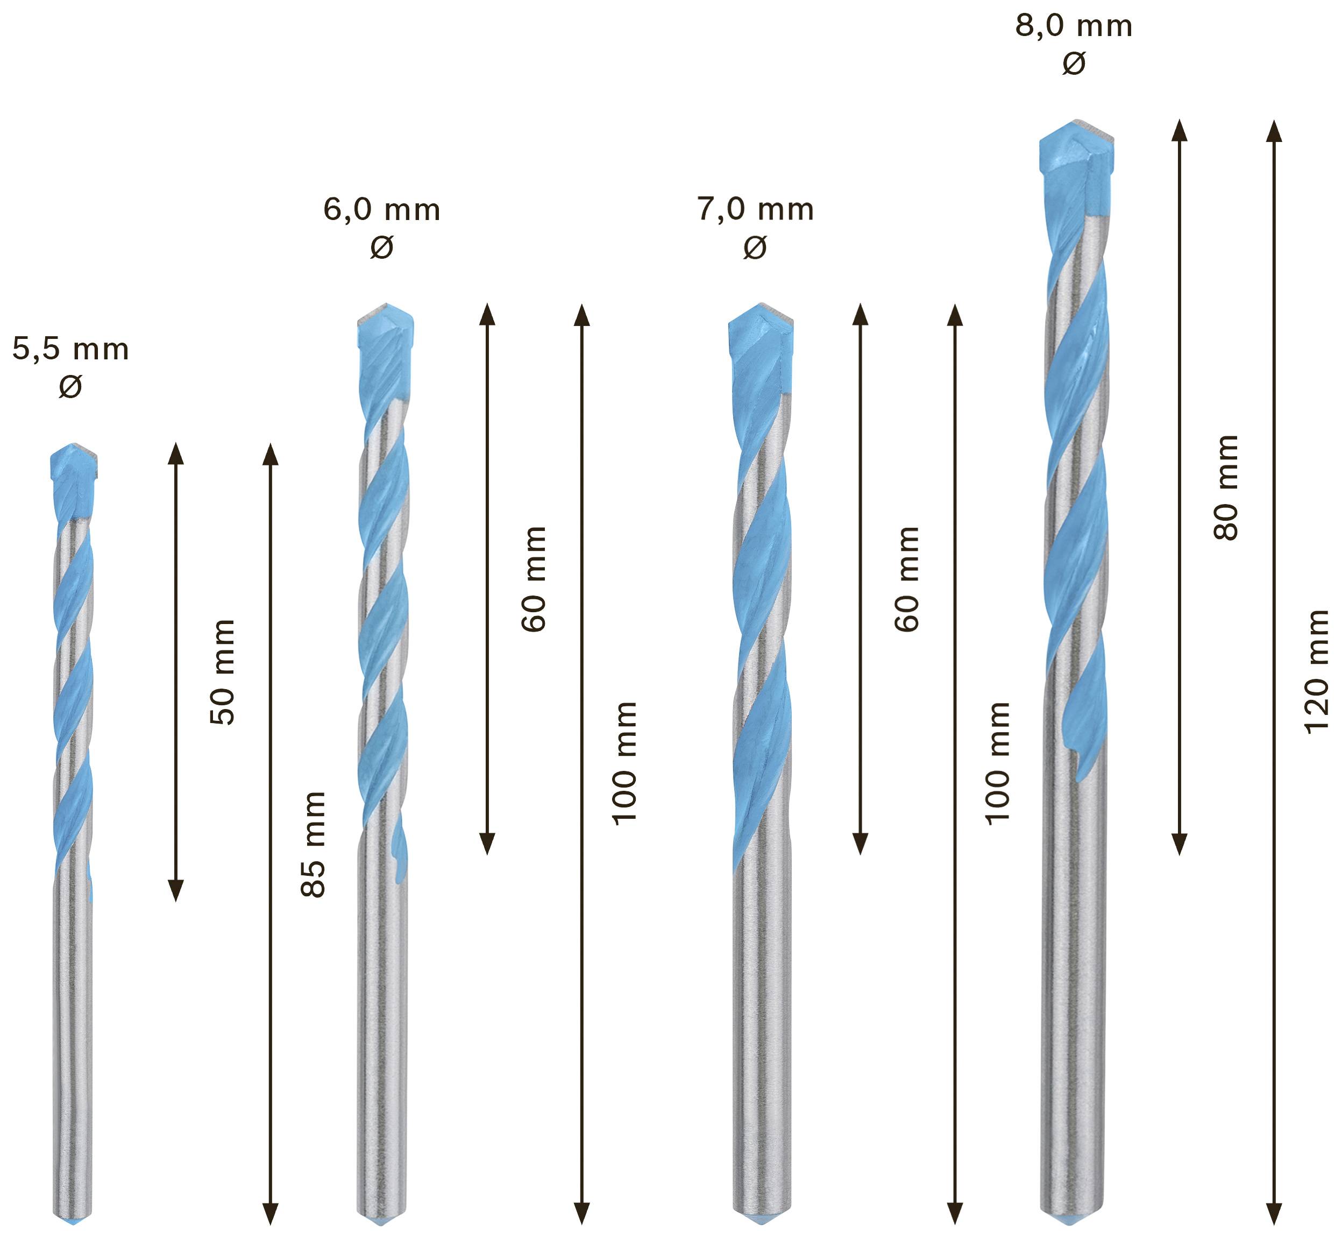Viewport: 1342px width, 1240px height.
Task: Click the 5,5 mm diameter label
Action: pyautogui.click(x=70, y=350)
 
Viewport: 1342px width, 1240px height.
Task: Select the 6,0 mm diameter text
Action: pyautogui.click(x=382, y=210)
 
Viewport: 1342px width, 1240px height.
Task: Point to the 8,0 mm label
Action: pyautogui.click(x=1074, y=27)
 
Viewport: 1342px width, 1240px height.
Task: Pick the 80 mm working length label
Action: pyautogui.click(x=1226, y=487)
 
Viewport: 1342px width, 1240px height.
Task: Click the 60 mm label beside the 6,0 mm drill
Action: pyautogui.click(x=534, y=579)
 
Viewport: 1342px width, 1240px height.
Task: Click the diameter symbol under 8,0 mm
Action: pyautogui.click(x=1074, y=63)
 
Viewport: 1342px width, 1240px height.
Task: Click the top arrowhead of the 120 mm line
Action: pyautogui.click(x=1274, y=131)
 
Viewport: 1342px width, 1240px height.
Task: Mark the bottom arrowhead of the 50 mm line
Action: pyautogui.click(x=176, y=890)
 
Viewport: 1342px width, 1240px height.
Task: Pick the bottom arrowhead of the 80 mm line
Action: pyautogui.click(x=1180, y=844)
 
